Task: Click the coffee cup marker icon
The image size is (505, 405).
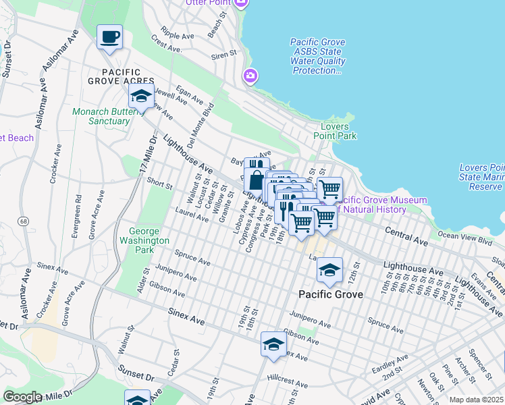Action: coord(109,36)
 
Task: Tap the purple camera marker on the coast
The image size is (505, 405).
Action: coord(250,76)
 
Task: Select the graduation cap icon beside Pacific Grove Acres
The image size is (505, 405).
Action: coord(140,97)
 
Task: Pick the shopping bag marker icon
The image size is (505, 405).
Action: coord(257,181)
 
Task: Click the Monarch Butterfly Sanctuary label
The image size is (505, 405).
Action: coord(101,116)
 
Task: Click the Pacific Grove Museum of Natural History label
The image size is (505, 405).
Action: coord(381,205)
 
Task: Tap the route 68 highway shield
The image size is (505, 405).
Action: coord(24,221)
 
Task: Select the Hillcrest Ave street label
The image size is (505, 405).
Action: coord(282,379)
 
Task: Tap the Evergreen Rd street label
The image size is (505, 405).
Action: coord(79,210)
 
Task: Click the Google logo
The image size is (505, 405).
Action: coord(22,397)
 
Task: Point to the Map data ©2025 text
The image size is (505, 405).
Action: coord(475,400)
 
